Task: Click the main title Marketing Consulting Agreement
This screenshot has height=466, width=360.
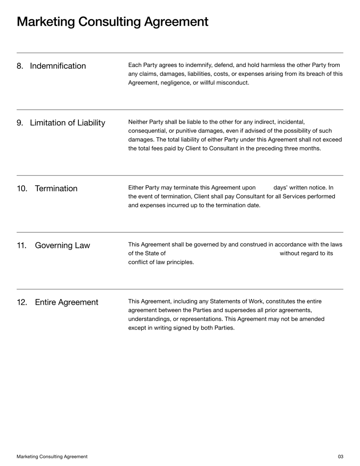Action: (x=112, y=22)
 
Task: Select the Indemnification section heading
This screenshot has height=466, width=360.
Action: (x=58, y=66)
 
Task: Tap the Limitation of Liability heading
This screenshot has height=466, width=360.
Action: (x=67, y=123)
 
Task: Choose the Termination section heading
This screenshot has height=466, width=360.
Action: (x=56, y=189)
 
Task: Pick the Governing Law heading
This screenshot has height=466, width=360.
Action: (x=62, y=245)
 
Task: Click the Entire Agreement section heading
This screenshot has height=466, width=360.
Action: (x=66, y=302)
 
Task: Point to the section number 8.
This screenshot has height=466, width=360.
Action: (x=20, y=66)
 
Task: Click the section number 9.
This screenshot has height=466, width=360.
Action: (x=20, y=123)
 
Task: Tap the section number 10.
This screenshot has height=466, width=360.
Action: (x=22, y=189)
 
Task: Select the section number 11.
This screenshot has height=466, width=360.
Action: (x=22, y=245)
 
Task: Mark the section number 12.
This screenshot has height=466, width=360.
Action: (x=22, y=302)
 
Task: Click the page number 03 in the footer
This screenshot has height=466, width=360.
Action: (x=340, y=457)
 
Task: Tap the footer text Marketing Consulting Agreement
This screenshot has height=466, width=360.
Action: (x=52, y=457)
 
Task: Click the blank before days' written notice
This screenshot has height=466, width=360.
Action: (x=265, y=188)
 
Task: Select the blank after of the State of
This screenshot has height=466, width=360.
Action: (x=222, y=253)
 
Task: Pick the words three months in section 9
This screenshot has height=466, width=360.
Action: (x=302, y=148)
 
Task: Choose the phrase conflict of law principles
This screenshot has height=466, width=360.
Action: (x=161, y=262)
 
